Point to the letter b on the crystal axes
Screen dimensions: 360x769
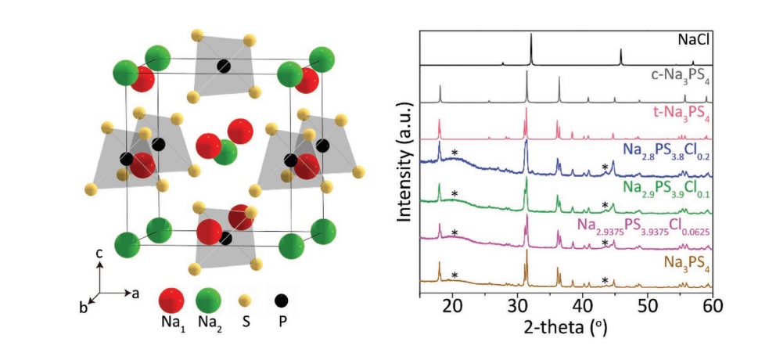(83, 307)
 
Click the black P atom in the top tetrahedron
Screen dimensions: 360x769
(224, 65)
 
